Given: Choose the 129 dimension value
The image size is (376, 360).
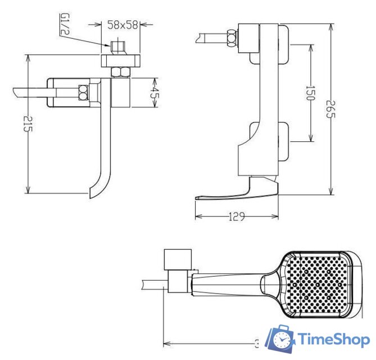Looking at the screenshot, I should pyautogui.click(x=237, y=216).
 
